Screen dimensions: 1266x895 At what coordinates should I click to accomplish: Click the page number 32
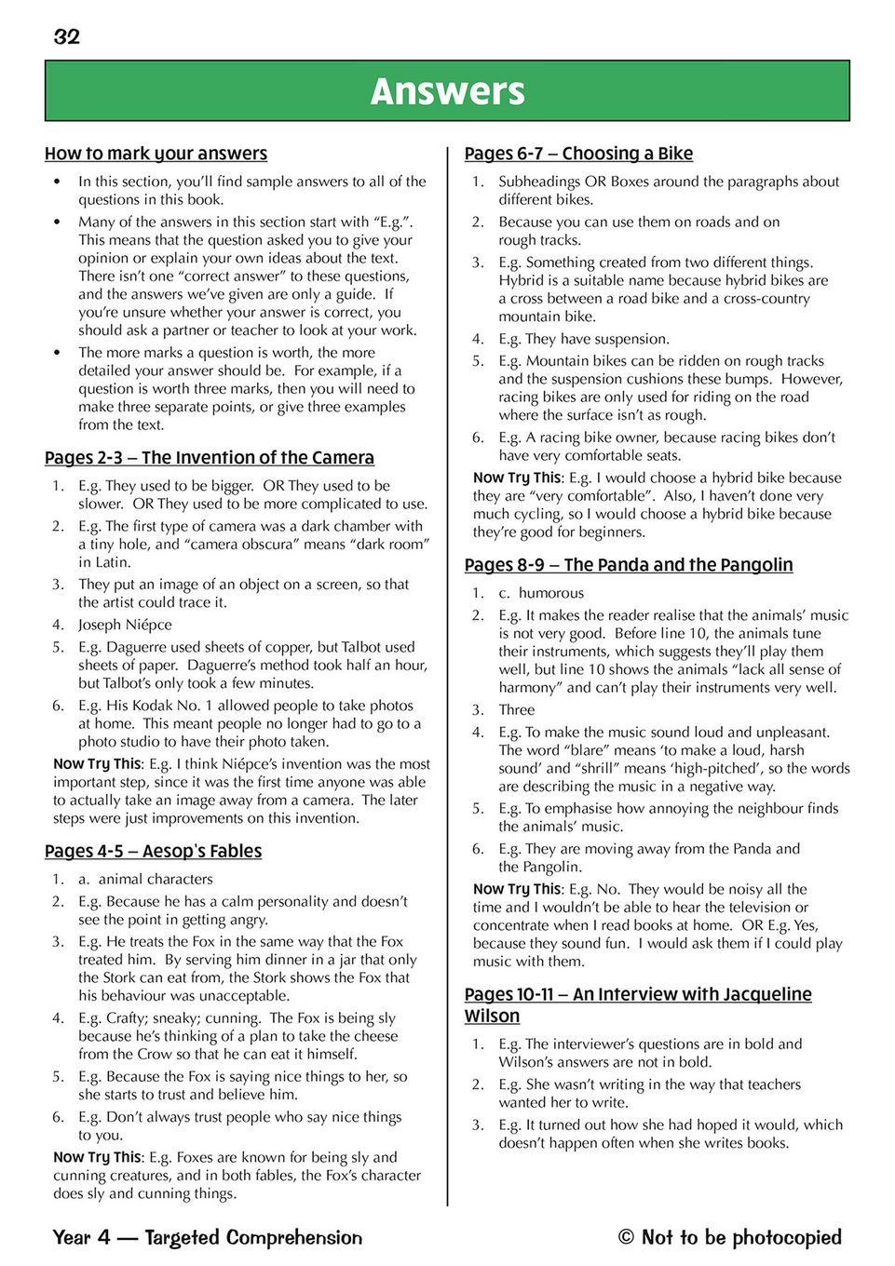coord(67,37)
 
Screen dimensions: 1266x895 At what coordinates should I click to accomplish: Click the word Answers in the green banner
coord(447,91)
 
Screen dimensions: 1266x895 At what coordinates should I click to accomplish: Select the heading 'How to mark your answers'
coord(156,154)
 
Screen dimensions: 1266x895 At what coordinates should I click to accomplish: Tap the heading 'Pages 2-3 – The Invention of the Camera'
coord(210,458)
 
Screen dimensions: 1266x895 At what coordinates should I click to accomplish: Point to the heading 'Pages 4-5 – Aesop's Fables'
coord(153,852)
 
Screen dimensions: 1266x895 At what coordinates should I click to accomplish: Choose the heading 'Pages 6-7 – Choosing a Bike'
coord(578,154)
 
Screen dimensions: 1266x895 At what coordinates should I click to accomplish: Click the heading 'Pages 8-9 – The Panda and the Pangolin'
coord(629,565)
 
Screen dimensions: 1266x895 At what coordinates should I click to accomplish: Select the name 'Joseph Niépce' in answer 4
coord(125,625)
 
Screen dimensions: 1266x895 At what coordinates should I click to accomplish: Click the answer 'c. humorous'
coord(541,593)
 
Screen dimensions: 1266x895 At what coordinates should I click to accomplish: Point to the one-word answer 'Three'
coord(517,709)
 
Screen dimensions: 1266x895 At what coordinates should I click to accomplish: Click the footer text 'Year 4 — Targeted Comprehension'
coord(208,1237)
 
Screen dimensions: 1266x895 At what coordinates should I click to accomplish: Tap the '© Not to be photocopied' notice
coord(729,1237)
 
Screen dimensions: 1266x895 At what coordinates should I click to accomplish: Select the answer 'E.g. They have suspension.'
coord(584,339)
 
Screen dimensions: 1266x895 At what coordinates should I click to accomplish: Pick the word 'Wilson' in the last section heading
coord(492,1017)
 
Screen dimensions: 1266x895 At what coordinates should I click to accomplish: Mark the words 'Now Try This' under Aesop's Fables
coord(97,1157)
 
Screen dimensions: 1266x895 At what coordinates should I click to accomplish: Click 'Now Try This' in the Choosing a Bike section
coord(517,478)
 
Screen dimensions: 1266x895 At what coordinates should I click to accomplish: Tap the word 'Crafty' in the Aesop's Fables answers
coord(129,1018)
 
